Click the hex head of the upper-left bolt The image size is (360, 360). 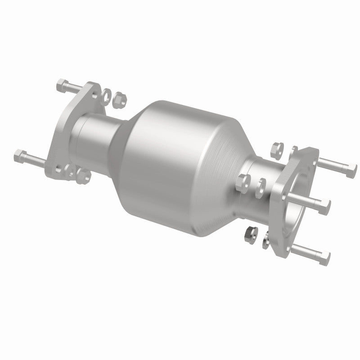[x=62, y=84]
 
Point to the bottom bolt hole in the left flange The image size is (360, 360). [x=58, y=170]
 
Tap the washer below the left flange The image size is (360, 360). [x=70, y=170]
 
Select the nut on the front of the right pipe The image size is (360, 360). [x=243, y=181]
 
